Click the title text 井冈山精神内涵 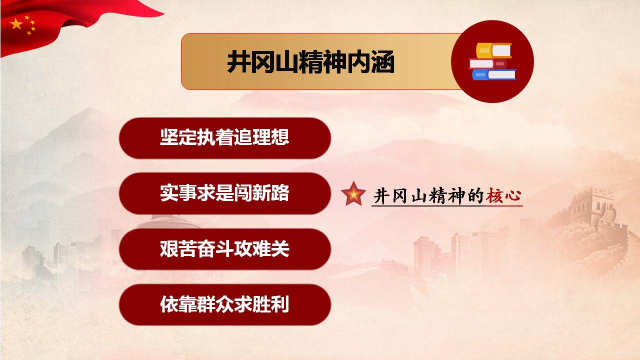[x=310, y=61]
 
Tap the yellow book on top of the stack [x=493, y=50]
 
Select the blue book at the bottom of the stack [x=494, y=74]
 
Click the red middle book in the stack [x=488, y=63]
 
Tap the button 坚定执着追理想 [x=225, y=138]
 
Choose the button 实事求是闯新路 [x=225, y=193]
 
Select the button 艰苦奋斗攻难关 [x=225, y=249]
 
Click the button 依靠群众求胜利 [x=225, y=304]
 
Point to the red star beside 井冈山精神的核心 [x=353, y=194]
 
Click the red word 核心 [x=503, y=195]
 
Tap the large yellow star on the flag [x=16, y=24]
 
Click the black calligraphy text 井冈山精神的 [x=429, y=196]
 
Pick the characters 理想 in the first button [x=271, y=137]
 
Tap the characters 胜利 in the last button [x=271, y=304]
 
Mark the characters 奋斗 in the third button [x=215, y=248]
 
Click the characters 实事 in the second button [x=178, y=193]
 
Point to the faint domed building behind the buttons [x=169, y=222]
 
